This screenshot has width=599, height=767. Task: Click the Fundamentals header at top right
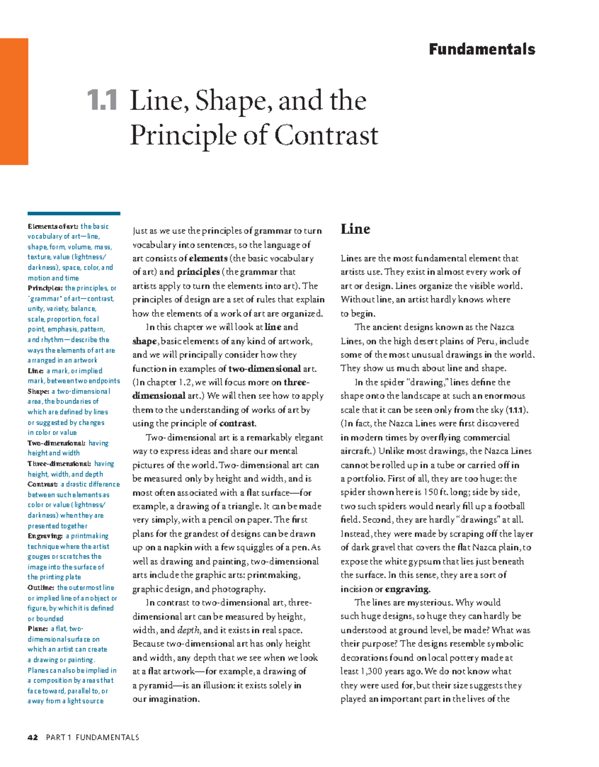pyautogui.click(x=482, y=49)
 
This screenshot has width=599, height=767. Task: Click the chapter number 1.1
pyautogui.click(x=102, y=100)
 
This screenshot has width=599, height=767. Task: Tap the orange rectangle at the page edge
pyautogui.click(x=14, y=101)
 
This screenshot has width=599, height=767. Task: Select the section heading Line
pyautogui.click(x=355, y=229)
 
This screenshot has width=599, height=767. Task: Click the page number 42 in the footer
pyautogui.click(x=33, y=738)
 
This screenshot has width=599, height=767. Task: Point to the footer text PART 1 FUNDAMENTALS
pyautogui.click(x=92, y=738)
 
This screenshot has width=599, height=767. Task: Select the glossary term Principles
pyautogui.click(x=45, y=288)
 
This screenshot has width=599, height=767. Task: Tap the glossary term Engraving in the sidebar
pyautogui.click(x=45, y=536)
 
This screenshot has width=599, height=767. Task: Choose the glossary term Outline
pyautogui.click(x=41, y=588)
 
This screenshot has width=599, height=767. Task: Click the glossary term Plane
pyautogui.click(x=38, y=629)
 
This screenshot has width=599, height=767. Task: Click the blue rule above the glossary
pyautogui.click(x=74, y=213)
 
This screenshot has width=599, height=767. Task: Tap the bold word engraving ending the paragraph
pyautogui.click(x=406, y=589)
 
